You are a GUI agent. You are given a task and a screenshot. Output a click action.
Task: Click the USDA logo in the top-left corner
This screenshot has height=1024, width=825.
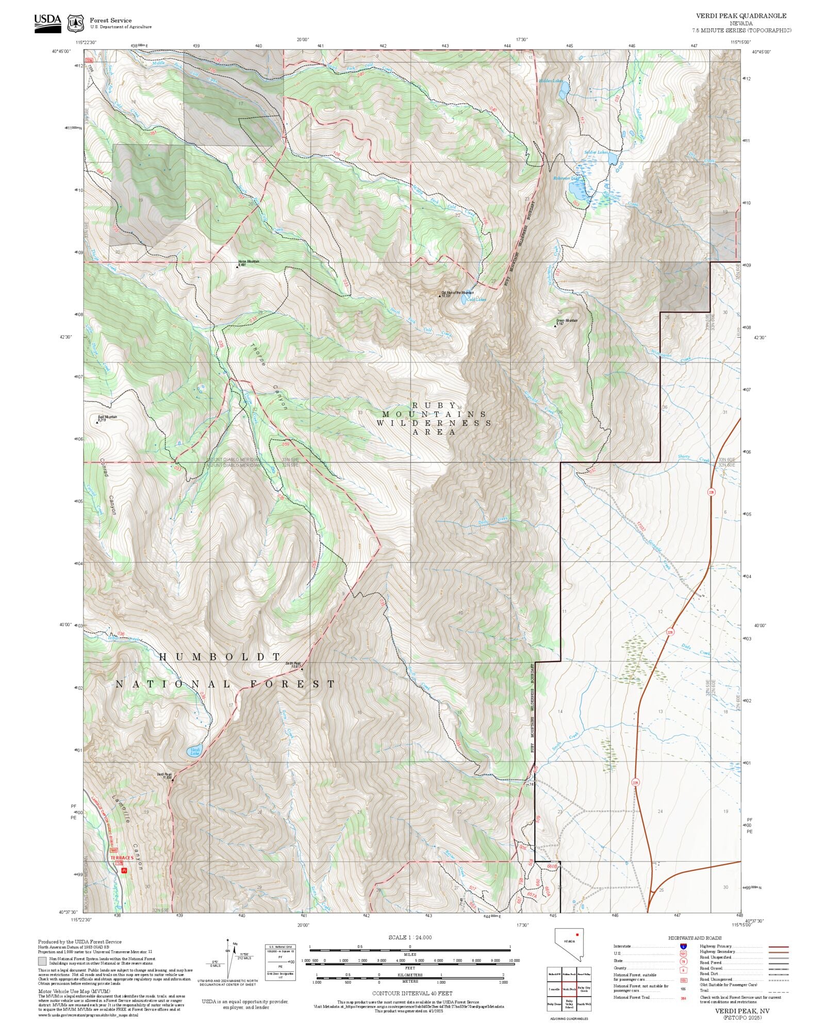[47, 23]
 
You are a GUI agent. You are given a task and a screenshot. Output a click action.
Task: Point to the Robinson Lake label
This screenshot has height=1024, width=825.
[566, 178]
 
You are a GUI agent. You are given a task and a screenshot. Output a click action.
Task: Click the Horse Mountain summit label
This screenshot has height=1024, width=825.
[249, 261]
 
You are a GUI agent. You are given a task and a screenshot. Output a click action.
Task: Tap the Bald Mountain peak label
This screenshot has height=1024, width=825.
[108, 417]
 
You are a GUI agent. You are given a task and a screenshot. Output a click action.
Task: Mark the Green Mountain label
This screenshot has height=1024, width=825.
[567, 320]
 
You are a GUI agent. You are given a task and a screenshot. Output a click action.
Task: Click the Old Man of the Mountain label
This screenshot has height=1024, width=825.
[457, 292]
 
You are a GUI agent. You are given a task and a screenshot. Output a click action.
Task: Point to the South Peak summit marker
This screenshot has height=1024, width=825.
[302, 669]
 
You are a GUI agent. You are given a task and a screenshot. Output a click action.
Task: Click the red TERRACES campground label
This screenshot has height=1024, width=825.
[122, 858]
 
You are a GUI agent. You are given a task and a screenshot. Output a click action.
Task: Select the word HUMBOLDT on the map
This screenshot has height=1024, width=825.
[220, 656]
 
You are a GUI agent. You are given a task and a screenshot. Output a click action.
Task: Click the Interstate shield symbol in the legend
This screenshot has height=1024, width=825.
[683, 947]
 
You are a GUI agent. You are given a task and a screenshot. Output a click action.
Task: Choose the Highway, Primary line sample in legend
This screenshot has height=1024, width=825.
[778, 947]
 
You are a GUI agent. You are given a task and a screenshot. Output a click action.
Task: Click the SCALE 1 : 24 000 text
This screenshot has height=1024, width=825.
[410, 937]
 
